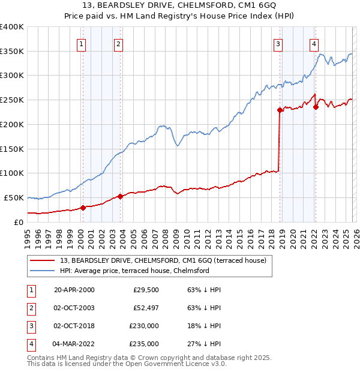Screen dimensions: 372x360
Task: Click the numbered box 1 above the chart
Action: point(81,43)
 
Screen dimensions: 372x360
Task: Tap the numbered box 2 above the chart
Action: point(118,43)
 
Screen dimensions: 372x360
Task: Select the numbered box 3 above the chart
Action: point(278,43)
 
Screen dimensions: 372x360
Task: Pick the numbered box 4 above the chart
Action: point(314,43)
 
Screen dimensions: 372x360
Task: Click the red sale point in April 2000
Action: point(83,208)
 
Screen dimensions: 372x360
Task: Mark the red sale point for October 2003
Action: point(120,196)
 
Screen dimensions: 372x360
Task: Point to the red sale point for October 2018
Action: point(280,110)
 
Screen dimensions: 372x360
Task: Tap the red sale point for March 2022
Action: point(316,107)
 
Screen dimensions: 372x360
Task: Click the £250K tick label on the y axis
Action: point(12,100)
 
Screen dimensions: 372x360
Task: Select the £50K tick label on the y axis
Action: point(14,197)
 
